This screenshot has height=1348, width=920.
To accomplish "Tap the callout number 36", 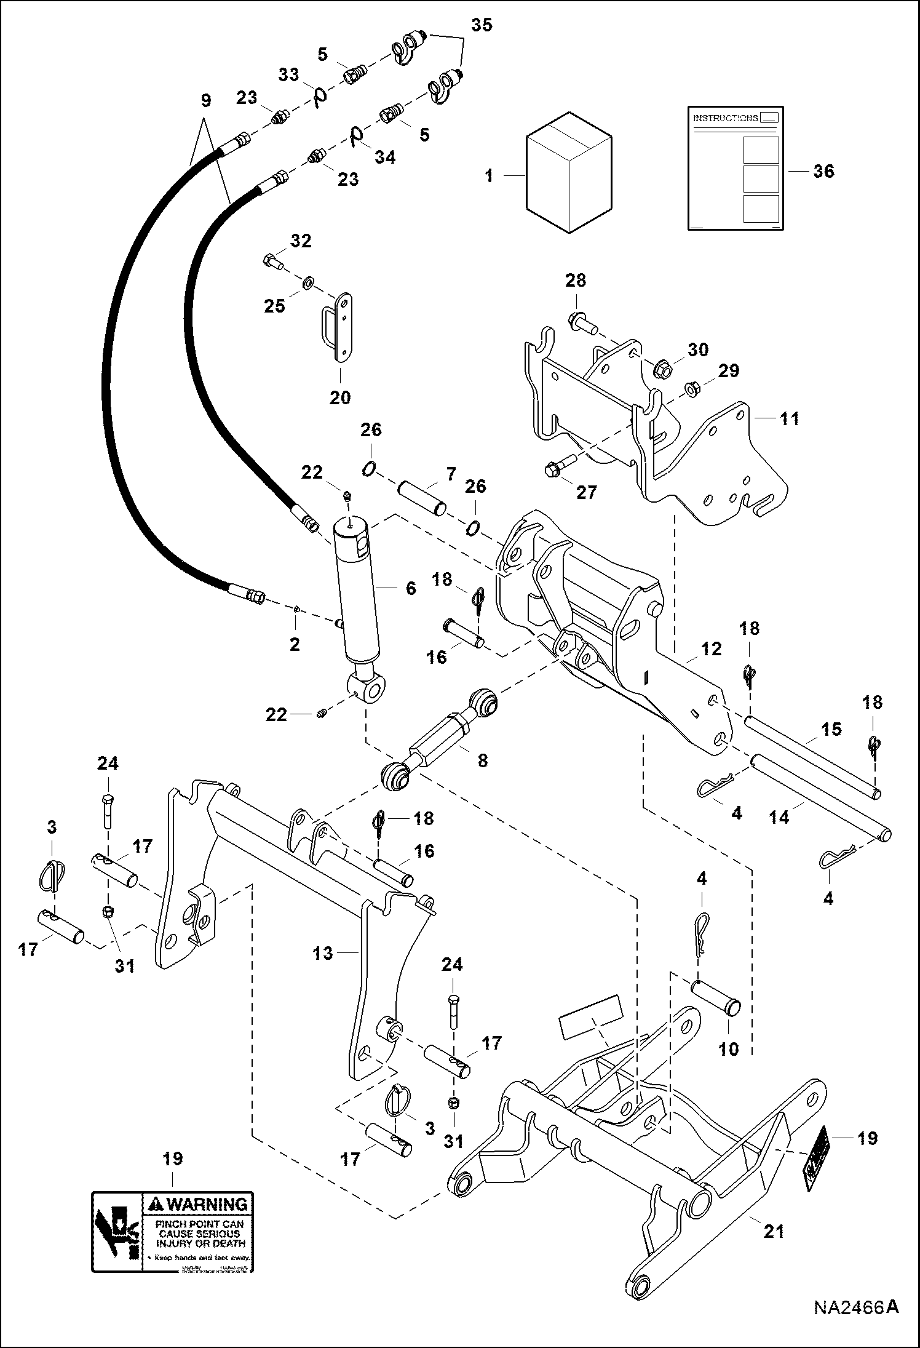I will [x=823, y=171].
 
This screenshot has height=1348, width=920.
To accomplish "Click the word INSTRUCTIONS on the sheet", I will [x=725, y=118].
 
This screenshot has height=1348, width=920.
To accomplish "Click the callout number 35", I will [x=482, y=26].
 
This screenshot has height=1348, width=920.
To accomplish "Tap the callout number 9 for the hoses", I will [x=205, y=100].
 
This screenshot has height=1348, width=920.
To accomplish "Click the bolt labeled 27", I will [x=560, y=466].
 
